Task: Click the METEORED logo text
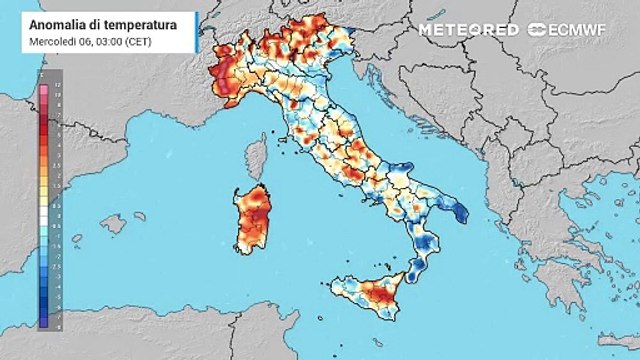(468, 29)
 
